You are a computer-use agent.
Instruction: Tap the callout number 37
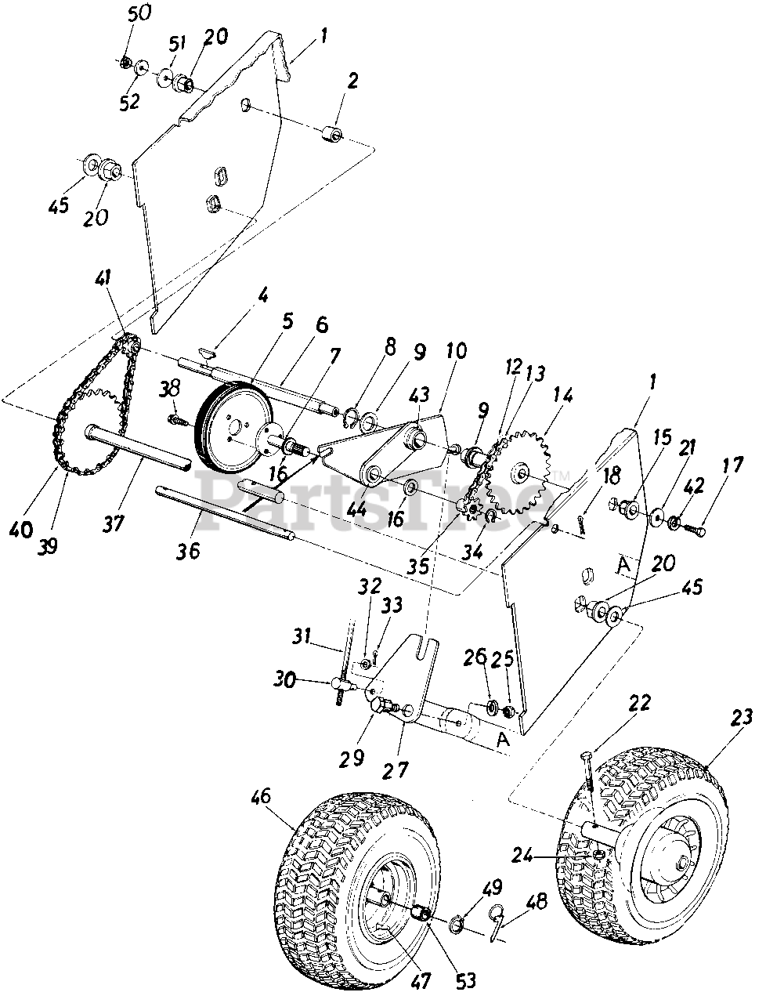click(114, 523)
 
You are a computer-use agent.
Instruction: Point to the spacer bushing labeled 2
click(333, 134)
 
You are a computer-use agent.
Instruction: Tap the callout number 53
click(465, 979)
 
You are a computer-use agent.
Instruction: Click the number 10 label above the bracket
click(454, 350)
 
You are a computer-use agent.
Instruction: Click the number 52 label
click(130, 102)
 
